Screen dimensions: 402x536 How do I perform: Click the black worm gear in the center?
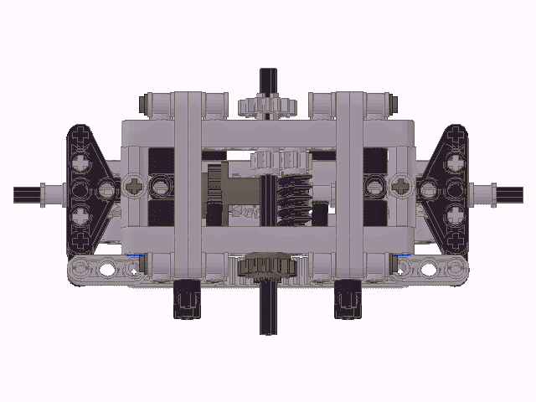tap(294, 200)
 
